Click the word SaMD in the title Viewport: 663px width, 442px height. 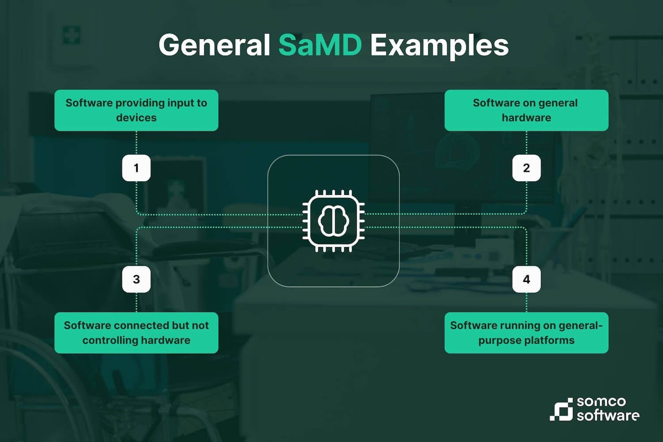point(320,45)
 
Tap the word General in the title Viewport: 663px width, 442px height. point(214,45)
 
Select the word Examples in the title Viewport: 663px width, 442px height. point(439,46)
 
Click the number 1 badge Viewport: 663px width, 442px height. point(136,168)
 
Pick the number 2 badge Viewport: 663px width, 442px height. point(526,168)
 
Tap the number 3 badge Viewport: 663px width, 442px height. point(136,279)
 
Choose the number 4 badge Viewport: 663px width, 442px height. point(526,279)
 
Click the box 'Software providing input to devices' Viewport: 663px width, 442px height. point(136,110)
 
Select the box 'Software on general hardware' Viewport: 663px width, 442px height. point(526,110)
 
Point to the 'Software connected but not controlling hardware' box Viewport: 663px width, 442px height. point(136,333)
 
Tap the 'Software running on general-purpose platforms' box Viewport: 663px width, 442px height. point(526,333)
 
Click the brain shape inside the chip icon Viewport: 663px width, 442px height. point(334,221)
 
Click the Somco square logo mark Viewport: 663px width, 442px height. point(561,409)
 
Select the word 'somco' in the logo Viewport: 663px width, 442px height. point(601,402)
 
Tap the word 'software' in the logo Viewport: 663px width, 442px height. point(608,415)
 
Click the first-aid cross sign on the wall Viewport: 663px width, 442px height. point(71,35)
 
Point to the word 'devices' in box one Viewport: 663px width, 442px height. point(136,118)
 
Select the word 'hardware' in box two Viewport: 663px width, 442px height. point(526,118)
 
